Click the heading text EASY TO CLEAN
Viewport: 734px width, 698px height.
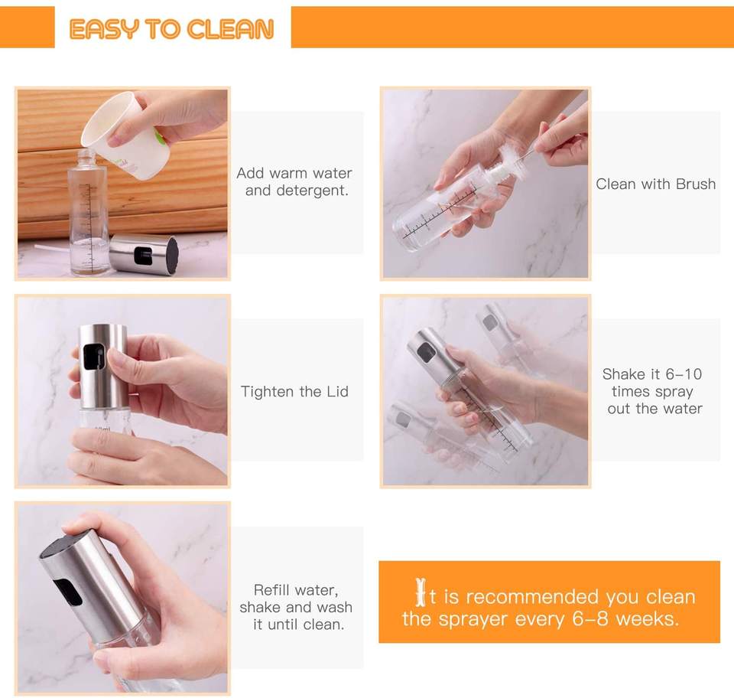pyautogui.click(x=171, y=29)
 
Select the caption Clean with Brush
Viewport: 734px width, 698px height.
pyautogui.click(x=655, y=184)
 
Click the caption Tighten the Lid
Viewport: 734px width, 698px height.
pyautogui.click(x=294, y=391)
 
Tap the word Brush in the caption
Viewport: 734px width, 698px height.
pyautogui.click(x=696, y=184)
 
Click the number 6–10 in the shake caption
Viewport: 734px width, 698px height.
pyautogui.click(x=684, y=373)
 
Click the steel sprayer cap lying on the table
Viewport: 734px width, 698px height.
pyautogui.click(x=144, y=255)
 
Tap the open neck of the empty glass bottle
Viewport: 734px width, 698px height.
pyautogui.click(x=86, y=153)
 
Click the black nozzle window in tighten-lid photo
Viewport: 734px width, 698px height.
pyautogui.click(x=93, y=358)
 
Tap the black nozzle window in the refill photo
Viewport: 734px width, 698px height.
pyautogui.click(x=67, y=592)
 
